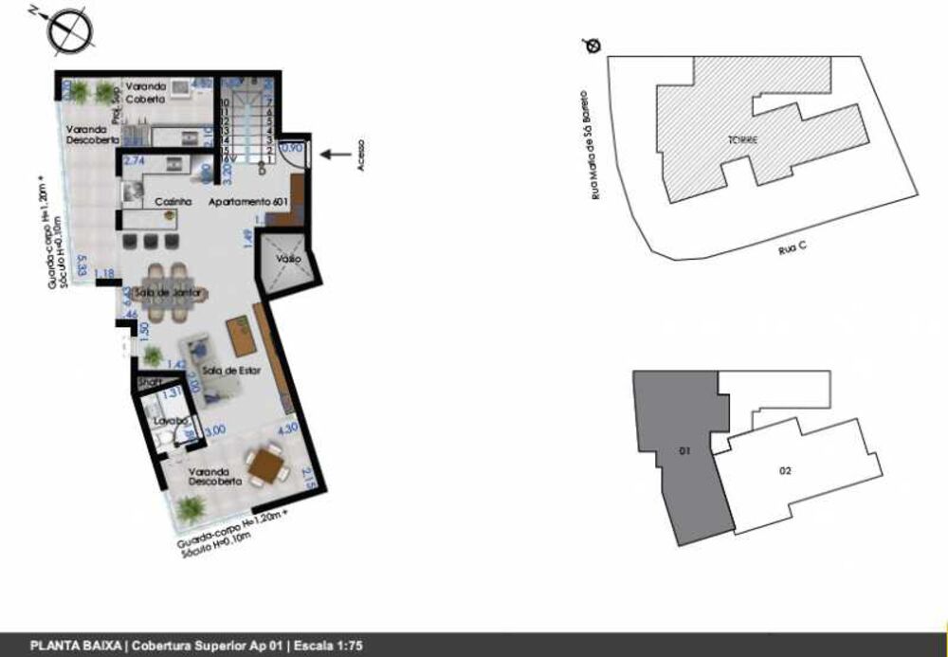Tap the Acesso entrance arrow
click(x=333, y=155)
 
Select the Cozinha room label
click(x=173, y=202)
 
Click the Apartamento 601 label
click(x=248, y=202)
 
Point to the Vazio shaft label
click(x=288, y=259)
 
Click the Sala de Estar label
click(x=226, y=370)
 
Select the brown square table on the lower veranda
click(x=266, y=465)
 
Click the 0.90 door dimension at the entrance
click(x=294, y=148)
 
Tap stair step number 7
click(x=270, y=102)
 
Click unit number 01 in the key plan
click(x=683, y=451)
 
